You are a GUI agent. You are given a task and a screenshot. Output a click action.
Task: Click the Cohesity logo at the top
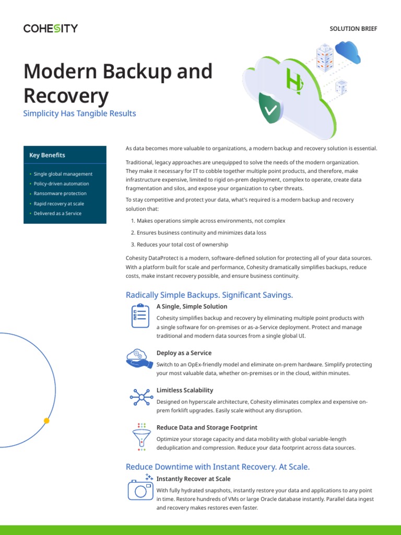click(x=50, y=28)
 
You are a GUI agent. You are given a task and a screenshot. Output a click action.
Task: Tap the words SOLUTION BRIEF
click(x=353, y=29)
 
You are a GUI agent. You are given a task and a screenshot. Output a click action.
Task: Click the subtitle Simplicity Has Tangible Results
click(x=79, y=113)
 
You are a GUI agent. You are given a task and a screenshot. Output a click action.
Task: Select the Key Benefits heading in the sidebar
click(x=48, y=155)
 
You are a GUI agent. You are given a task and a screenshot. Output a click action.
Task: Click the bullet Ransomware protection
click(x=60, y=194)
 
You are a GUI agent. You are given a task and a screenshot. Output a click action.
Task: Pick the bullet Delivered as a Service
click(x=57, y=214)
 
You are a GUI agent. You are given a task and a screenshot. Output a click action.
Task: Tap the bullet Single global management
click(x=63, y=174)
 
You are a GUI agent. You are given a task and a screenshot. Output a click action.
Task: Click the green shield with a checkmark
click(x=270, y=109)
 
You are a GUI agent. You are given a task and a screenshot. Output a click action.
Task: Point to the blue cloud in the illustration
click(x=348, y=51)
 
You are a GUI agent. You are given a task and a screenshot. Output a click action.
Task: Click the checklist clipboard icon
click(x=140, y=316)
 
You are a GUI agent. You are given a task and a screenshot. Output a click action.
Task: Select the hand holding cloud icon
click(x=139, y=358)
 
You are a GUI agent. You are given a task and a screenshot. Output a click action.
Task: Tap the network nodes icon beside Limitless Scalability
click(x=140, y=397)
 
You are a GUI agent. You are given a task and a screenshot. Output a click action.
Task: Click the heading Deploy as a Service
click(x=184, y=353)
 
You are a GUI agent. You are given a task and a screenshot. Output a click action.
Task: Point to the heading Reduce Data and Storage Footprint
click(x=207, y=427)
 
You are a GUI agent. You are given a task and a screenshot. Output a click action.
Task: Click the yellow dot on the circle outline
click(x=46, y=420)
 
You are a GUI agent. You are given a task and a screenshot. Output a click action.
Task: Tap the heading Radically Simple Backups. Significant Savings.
click(x=209, y=295)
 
